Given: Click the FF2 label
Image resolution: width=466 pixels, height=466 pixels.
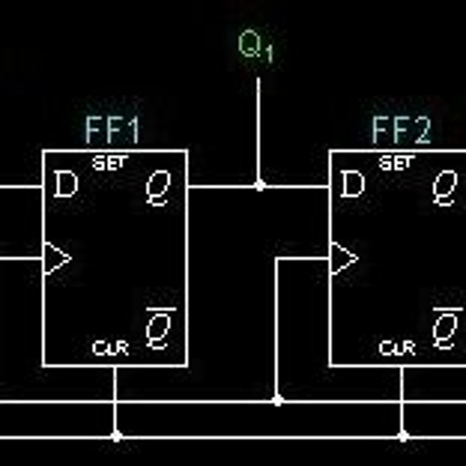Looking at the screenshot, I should click(x=402, y=130).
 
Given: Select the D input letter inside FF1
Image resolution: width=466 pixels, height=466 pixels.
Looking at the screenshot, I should click(x=65, y=186).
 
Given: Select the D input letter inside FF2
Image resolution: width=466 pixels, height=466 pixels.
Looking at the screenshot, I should click(x=352, y=186).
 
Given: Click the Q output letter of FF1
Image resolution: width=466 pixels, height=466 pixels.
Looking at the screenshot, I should click(x=157, y=188).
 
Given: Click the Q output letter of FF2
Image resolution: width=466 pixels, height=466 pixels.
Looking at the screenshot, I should click(x=445, y=188).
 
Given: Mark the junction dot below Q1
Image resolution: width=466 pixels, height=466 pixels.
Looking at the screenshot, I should click(x=260, y=185).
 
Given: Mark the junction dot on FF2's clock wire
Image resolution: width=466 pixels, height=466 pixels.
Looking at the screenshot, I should click(x=277, y=401).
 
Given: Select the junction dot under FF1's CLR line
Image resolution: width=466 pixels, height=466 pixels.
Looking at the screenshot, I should click(x=116, y=435).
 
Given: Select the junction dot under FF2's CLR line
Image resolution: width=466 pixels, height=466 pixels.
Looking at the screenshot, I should click(x=404, y=435).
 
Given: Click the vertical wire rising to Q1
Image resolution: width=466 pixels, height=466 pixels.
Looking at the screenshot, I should click(x=260, y=130).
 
